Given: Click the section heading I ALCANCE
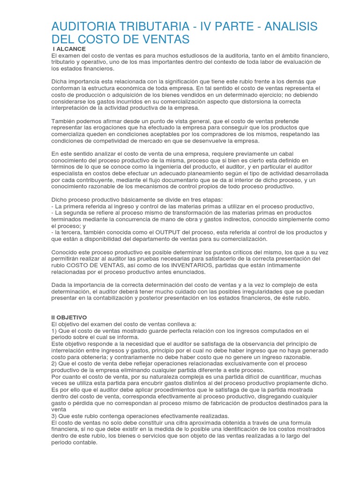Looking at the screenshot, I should pyautogui.click(x=69, y=49).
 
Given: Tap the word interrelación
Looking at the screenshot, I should pyautogui.click(x=69, y=351).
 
